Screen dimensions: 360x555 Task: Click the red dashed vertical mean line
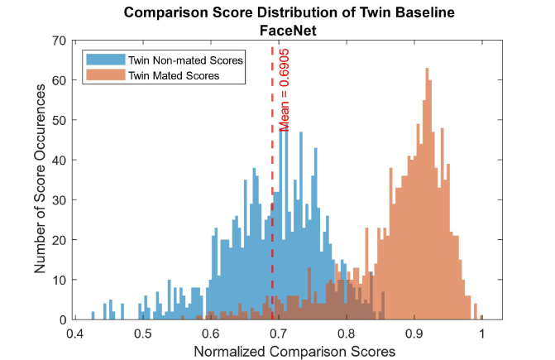(x=273, y=207)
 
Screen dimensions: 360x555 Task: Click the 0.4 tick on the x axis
(x=74, y=334)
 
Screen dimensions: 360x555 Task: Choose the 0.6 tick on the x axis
(x=210, y=334)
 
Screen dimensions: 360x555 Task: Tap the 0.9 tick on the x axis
(x=414, y=334)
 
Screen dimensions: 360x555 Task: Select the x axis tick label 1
(x=481, y=334)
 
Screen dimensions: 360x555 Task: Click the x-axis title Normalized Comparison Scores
(x=294, y=351)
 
